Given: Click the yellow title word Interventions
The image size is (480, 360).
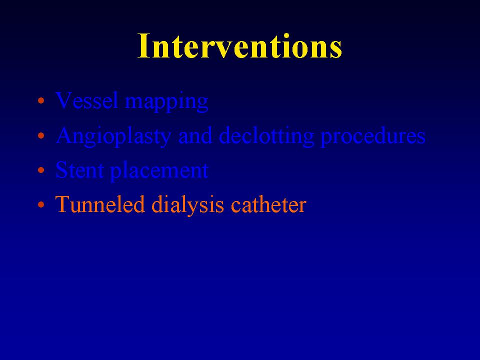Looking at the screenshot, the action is [x=239, y=45].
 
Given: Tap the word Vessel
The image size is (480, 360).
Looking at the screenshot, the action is [x=86, y=100].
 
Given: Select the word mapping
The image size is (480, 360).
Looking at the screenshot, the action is [x=167, y=102].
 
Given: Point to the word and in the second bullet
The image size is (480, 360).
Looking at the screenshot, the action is [x=195, y=135].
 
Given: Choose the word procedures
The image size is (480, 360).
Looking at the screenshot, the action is [x=373, y=137].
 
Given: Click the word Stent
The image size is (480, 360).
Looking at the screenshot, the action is [x=79, y=170].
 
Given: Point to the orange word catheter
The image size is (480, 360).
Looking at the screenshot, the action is [x=268, y=204].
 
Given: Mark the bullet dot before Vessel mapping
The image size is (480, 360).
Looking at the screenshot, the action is [x=41, y=100].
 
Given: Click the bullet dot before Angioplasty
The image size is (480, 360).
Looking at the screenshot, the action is [x=41, y=135].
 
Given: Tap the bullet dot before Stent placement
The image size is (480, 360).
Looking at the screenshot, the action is [x=41, y=170].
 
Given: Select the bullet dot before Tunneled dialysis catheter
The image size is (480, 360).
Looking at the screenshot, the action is [x=41, y=204].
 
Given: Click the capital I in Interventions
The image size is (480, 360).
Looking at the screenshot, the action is [x=143, y=45].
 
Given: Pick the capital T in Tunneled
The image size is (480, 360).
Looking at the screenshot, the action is [x=63, y=204].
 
